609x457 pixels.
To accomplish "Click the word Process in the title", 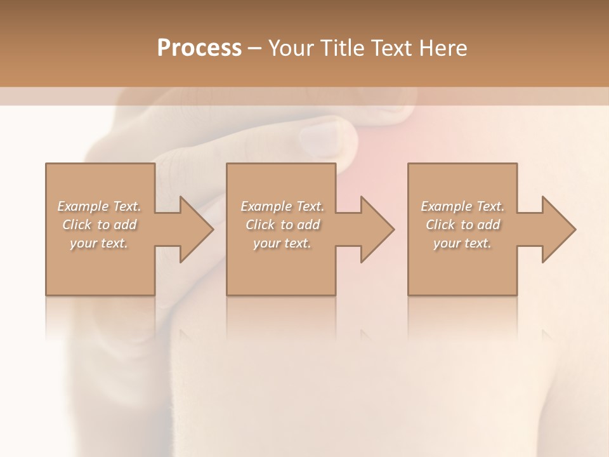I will coord(199,48).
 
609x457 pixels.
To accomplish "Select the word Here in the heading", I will coord(443,48).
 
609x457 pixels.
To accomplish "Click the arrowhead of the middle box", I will coord(377,229).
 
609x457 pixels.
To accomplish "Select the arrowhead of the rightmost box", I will coord(558,229).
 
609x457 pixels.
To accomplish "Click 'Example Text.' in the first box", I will coord(100,206).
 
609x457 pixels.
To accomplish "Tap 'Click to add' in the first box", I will coord(100,225).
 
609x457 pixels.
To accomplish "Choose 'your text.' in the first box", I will coord(100,243).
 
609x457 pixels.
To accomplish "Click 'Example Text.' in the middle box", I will coord(282,206).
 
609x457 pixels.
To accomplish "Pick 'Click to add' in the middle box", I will coord(282,225).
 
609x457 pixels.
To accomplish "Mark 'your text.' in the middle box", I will coord(282,243).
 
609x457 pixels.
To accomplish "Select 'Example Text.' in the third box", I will coord(462,206).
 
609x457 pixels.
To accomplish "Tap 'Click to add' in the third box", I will coord(462,225).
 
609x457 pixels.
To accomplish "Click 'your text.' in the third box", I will coord(462,243).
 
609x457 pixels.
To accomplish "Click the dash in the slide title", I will coord(254,48).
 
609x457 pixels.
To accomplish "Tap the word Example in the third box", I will coord(446,206).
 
